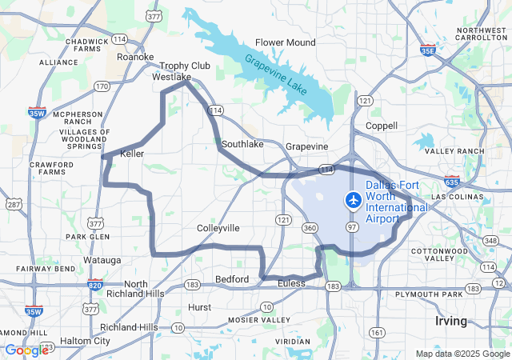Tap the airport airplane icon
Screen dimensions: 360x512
(x=353, y=200)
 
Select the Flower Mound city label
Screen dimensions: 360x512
(x=286, y=42)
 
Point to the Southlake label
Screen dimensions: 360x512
(x=242, y=144)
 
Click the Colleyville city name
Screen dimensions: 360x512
(x=218, y=228)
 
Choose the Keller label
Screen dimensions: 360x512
(x=131, y=152)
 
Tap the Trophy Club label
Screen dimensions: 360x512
(x=185, y=66)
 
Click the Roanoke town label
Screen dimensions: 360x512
(x=135, y=57)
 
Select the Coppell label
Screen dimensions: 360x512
(x=381, y=126)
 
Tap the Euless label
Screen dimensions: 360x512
(x=291, y=284)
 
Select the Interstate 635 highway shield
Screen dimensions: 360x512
(x=453, y=182)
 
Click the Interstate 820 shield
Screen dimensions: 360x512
(x=95, y=283)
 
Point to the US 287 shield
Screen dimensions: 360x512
(x=14, y=205)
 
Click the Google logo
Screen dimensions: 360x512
(x=26, y=350)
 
